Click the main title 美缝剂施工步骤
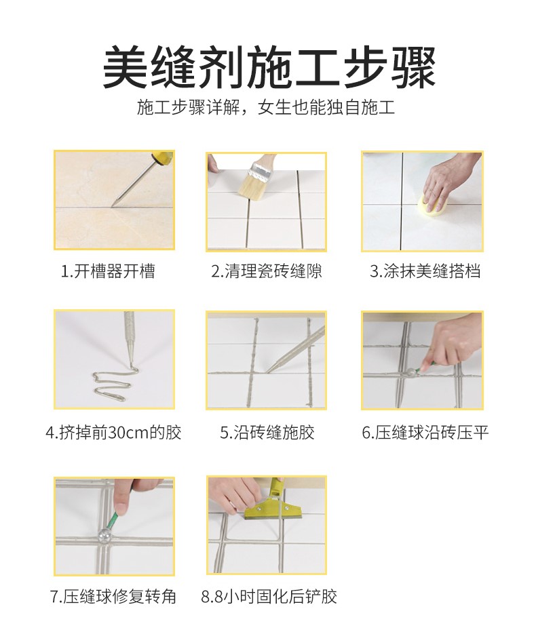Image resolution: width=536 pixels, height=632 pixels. (268, 67)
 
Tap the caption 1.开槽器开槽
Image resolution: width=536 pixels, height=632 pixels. (109, 272)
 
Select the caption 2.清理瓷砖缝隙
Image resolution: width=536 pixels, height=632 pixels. (266, 272)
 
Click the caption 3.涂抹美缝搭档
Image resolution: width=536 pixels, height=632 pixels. (425, 272)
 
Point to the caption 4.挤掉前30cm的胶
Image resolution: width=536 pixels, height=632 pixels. (114, 432)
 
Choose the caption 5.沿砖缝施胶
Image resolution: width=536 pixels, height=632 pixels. (267, 432)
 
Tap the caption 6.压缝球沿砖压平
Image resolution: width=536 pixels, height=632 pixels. (425, 432)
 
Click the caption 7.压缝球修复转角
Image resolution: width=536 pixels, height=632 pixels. (113, 597)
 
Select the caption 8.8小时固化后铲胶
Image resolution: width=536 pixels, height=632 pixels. (269, 597)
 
